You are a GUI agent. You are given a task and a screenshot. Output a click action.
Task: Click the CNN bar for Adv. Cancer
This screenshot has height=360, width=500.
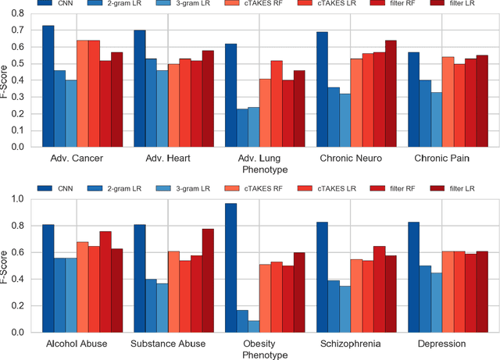[48, 86]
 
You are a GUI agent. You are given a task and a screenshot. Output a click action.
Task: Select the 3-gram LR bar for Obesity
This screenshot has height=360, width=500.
[255, 326]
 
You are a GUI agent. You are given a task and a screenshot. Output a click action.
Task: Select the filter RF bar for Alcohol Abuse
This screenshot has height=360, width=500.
[105, 282]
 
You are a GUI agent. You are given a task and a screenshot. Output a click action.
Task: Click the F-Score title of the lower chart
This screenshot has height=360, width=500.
[7, 266]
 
